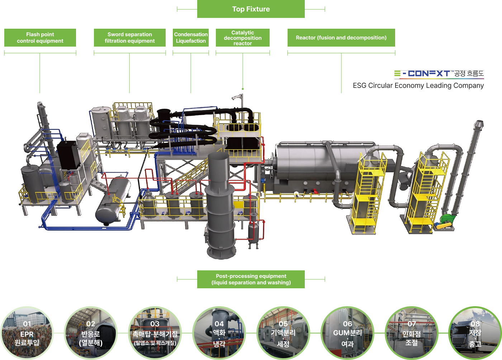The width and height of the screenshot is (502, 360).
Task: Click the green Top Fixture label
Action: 251,9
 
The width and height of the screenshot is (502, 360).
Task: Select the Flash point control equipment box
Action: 40,38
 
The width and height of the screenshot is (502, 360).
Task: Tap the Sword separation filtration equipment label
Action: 129,38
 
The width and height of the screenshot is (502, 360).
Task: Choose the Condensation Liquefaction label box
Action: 191,38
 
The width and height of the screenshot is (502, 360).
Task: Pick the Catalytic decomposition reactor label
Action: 243,38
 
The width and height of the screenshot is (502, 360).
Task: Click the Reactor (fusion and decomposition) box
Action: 341,38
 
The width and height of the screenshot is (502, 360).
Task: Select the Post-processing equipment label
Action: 251,279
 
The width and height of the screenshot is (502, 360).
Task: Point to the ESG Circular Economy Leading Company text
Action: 418,86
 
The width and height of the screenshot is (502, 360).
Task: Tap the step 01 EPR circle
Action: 27,333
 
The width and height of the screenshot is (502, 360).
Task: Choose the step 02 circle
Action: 91,333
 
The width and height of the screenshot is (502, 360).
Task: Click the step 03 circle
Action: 155,333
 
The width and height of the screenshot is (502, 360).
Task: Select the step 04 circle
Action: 219,333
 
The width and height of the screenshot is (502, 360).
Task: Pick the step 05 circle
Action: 283,333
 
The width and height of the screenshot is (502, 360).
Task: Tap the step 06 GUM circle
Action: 347,333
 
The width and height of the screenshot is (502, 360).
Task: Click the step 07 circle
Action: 412,333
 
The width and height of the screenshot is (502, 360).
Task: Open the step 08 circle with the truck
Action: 475,333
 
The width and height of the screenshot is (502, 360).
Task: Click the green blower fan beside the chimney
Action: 446,219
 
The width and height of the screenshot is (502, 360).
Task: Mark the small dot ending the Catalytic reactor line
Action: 243,89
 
